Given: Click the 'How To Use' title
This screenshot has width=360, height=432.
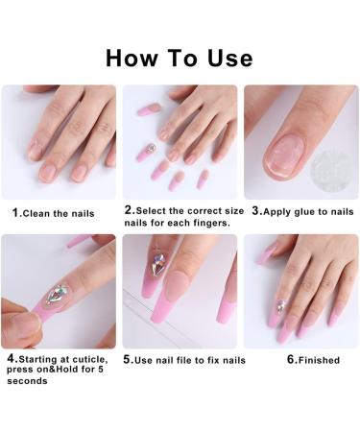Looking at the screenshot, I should pyautogui.click(x=180, y=57).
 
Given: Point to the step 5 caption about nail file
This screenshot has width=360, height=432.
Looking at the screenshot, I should pyautogui.click(x=184, y=360).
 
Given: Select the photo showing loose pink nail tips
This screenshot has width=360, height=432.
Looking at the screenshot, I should pyautogui.click(x=180, y=141).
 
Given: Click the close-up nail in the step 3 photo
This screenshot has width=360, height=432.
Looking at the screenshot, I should pyautogui.click(x=284, y=154).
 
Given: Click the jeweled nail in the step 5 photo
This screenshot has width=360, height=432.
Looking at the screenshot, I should pyautogui.click(x=158, y=264).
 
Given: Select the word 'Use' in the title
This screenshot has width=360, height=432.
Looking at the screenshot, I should pyautogui.click(x=228, y=57).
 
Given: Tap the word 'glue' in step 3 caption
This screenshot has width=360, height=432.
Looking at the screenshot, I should pyautogui.click(x=308, y=210).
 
